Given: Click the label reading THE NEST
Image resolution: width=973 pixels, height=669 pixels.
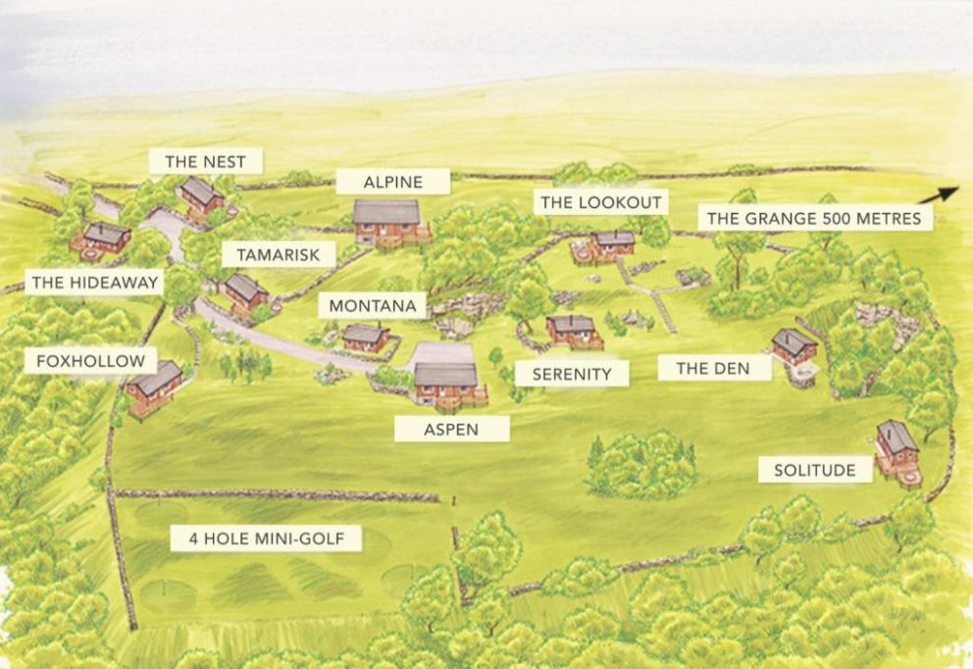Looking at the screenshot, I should point(205,161).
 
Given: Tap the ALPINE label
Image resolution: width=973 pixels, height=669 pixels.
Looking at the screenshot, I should point(392,181).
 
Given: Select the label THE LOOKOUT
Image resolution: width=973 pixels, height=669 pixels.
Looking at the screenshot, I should point(602,202).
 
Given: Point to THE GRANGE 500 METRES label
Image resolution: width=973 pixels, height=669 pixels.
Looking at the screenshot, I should point(815,218).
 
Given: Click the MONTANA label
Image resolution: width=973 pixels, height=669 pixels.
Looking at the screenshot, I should point(373,306).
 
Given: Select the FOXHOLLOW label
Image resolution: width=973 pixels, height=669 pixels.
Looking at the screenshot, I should point(90,361).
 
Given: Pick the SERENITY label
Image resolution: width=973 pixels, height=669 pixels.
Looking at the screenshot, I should point(572,374).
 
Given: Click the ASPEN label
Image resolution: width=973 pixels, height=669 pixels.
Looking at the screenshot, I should point(452,429).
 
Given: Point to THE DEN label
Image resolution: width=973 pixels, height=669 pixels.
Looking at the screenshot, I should point(713,369).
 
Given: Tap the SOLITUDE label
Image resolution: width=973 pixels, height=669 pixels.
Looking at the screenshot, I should point(814,471).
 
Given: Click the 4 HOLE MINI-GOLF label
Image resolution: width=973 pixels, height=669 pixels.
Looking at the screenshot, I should point(266,539).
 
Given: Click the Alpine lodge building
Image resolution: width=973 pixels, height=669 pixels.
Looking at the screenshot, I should point(388,222).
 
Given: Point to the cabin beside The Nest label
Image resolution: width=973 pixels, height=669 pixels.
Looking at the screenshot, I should point(201,194).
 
